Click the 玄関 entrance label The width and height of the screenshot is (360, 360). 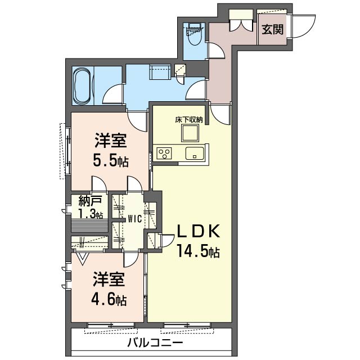[x=272, y=29]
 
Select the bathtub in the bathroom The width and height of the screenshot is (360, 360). [x=82, y=87]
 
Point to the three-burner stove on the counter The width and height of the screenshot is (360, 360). [x=164, y=153]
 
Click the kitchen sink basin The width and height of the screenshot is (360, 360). [x=195, y=153]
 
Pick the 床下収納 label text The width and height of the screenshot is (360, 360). [x=189, y=120]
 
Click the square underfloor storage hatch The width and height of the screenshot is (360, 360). [x=190, y=133]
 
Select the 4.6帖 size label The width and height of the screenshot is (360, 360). [x=109, y=299]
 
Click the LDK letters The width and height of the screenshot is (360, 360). [x=198, y=231]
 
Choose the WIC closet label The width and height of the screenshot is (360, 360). [x=134, y=219]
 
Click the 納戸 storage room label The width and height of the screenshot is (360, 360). [x=90, y=201]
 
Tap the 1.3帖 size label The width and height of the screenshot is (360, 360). [x=91, y=214]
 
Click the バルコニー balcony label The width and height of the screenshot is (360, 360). [x=155, y=344]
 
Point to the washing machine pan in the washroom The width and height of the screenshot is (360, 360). [x=160, y=72]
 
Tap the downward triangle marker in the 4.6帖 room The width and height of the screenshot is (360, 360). [x=83, y=259]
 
